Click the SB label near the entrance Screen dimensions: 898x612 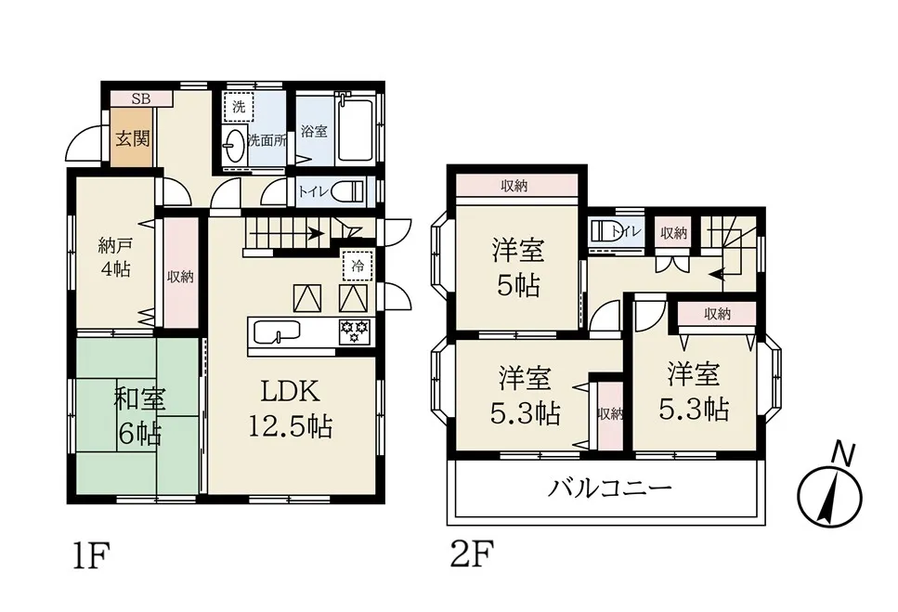141,99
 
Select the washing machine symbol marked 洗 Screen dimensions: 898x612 239,107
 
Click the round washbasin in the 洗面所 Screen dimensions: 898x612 234,146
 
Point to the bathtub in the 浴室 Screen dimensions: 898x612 357,128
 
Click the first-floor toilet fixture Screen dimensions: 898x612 346,191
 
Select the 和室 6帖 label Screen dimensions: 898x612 139,416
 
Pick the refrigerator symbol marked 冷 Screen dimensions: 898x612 358,266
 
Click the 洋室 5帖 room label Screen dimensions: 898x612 518,268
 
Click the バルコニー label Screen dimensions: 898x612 609,488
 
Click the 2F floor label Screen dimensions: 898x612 472,553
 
